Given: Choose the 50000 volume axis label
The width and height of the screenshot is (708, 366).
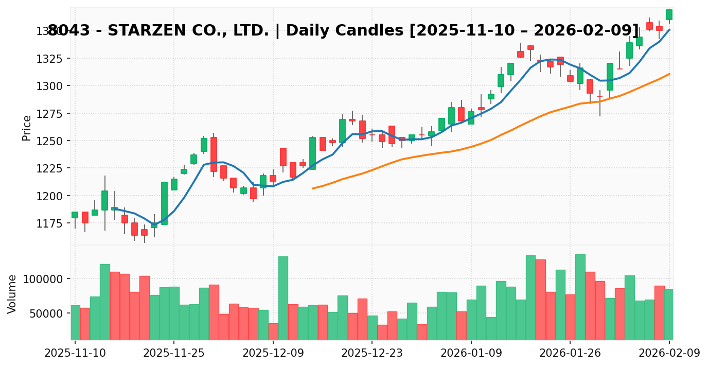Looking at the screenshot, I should coord(45,313).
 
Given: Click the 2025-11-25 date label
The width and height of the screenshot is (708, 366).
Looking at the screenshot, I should coord(174,353).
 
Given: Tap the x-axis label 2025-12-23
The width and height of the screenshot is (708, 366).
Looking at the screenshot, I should coord(372,353).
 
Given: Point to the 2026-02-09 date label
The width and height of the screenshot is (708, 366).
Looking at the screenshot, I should coord(669,353).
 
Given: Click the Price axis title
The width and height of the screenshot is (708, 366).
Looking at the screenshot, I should coord(27,128).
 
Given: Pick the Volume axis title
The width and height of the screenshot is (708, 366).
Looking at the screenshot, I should coord(12,293).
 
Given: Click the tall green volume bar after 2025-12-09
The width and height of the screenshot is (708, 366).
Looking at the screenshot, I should coord(283,298).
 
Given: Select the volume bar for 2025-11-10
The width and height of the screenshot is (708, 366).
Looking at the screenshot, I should coord(75,322).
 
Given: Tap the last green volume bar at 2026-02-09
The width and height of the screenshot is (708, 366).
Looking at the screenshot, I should coord(669,314).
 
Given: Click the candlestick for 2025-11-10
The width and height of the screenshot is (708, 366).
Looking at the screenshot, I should coord(75,215).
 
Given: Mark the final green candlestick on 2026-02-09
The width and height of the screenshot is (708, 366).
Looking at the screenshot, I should coord(669,14).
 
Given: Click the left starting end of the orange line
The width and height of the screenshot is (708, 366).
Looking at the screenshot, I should coord(312,188).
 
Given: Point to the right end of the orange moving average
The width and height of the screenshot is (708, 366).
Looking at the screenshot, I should coord(669,74).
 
